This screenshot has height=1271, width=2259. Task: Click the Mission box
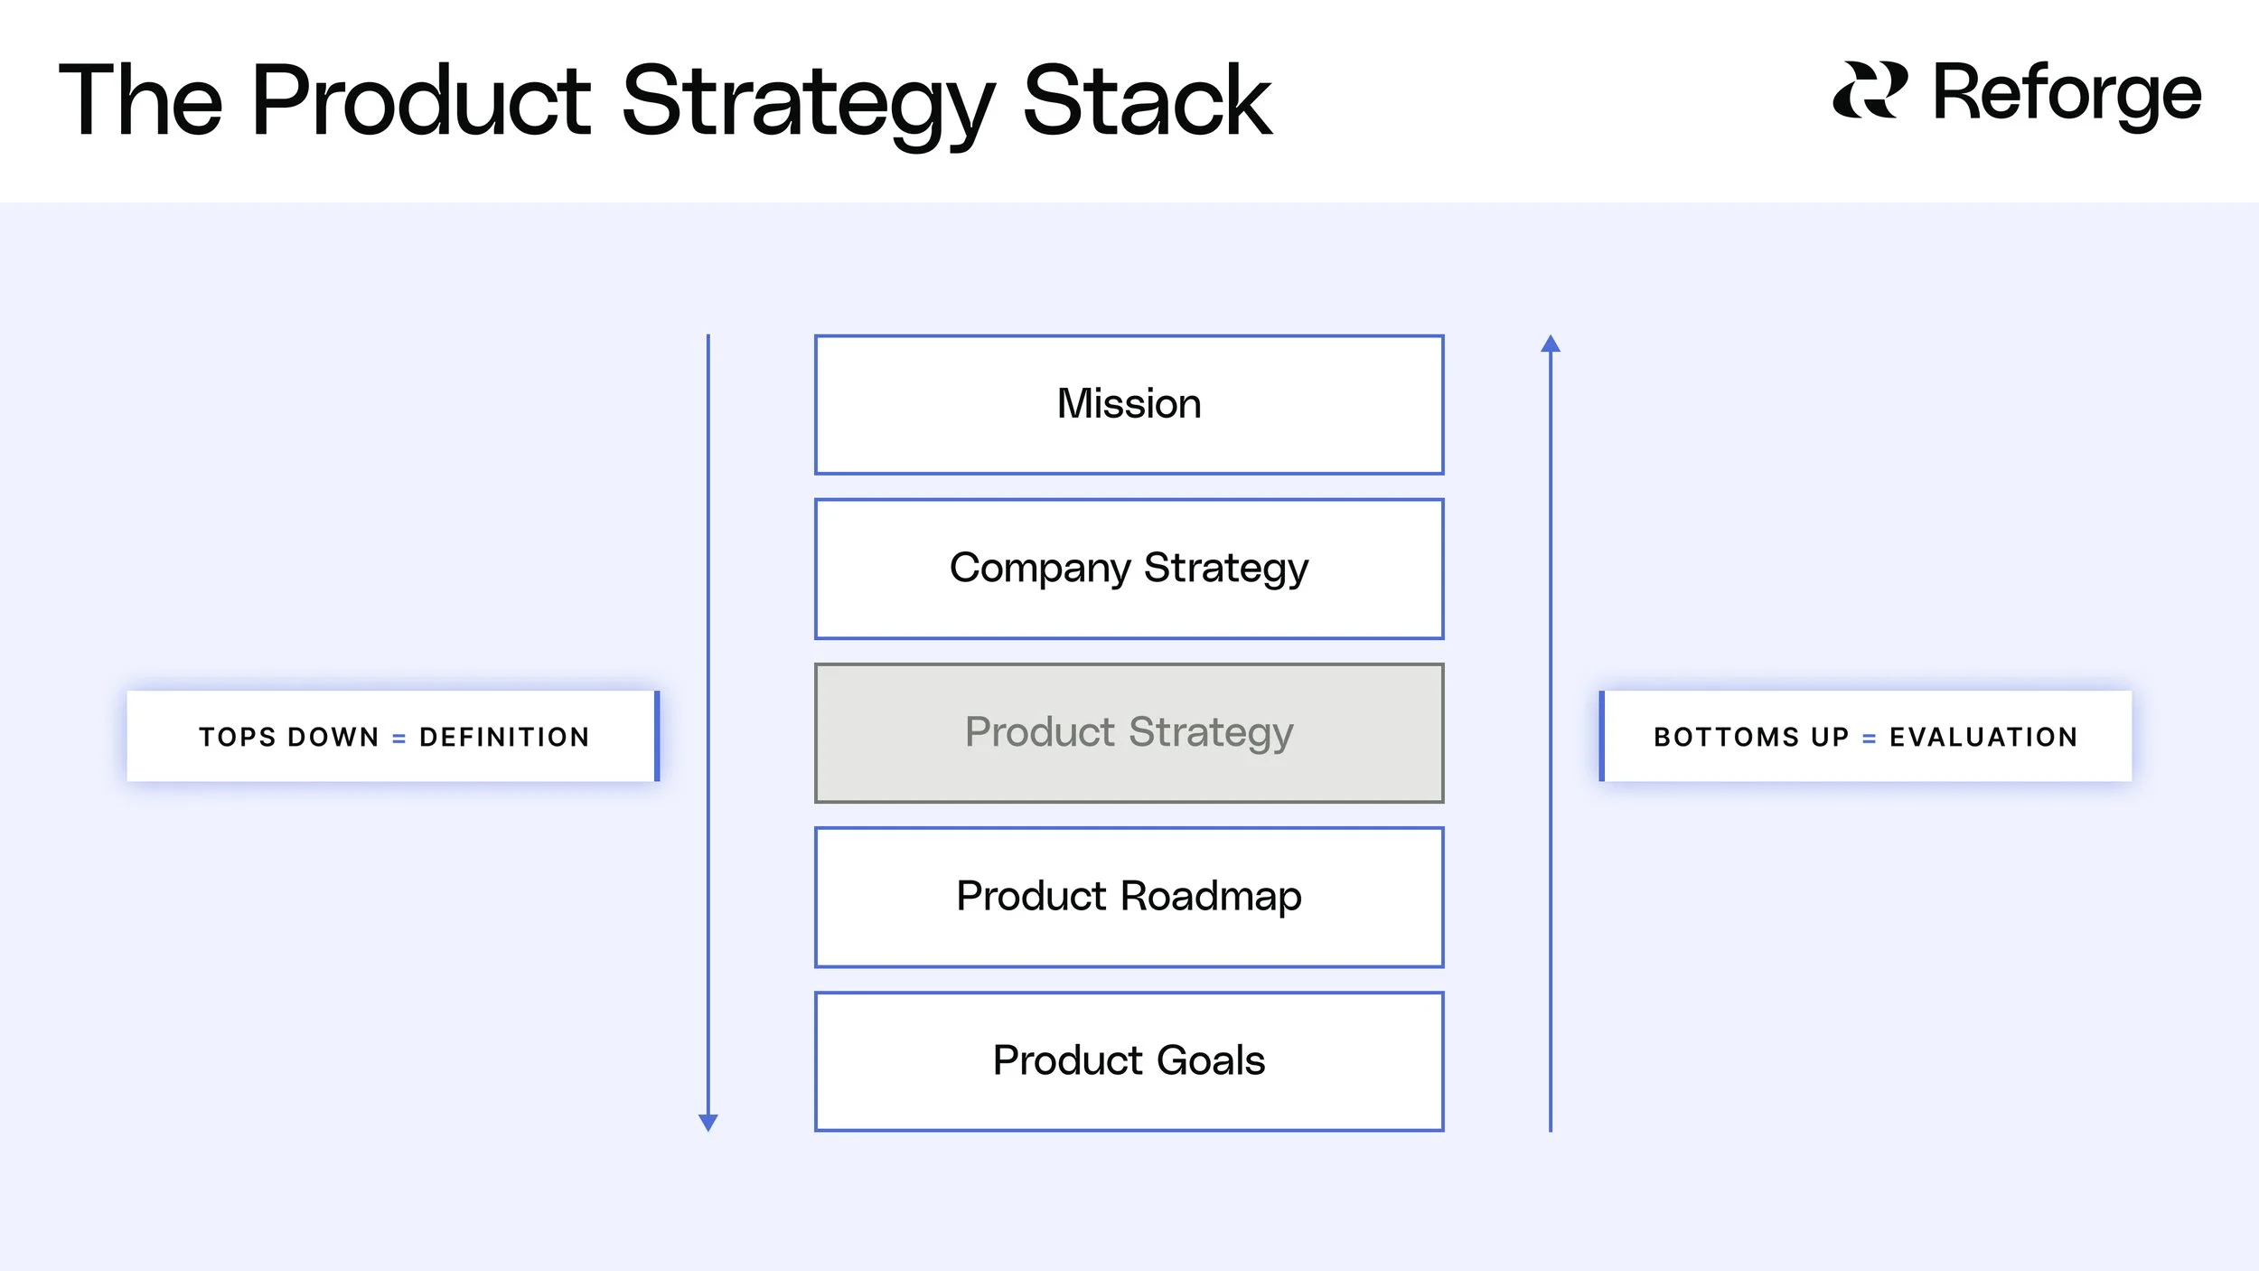pyautogui.click(x=1129, y=404)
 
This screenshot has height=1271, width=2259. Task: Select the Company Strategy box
pyautogui.click(x=1129, y=569)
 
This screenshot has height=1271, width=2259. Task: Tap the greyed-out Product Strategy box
pyautogui.click(x=1129, y=733)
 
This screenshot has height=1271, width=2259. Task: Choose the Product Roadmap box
pyautogui.click(x=1129, y=897)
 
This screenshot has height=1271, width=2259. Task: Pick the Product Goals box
pyautogui.click(x=1129, y=1061)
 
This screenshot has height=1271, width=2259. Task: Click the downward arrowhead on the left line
pyautogui.click(x=708, y=1123)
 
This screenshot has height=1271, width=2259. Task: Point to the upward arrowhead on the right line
pyautogui.click(x=1551, y=344)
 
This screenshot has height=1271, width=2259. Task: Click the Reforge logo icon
pyautogui.click(x=1870, y=90)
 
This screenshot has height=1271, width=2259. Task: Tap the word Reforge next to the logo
pyautogui.click(x=2067, y=93)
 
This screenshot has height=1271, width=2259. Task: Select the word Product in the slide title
pyautogui.click(x=421, y=101)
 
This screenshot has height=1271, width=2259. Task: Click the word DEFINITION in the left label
pyautogui.click(x=504, y=738)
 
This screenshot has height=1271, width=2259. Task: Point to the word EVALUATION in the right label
pyautogui.click(x=1984, y=738)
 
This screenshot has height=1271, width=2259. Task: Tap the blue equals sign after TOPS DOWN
pyautogui.click(x=398, y=739)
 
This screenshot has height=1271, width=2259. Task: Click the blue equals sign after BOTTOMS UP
pyautogui.click(x=1870, y=739)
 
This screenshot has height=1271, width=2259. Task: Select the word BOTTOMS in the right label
pyautogui.click(x=1726, y=738)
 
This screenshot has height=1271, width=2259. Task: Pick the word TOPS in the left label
pyautogui.click(x=238, y=738)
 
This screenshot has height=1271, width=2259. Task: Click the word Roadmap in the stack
pyautogui.click(x=1211, y=897)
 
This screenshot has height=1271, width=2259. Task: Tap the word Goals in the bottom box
pyautogui.click(x=1211, y=1060)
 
